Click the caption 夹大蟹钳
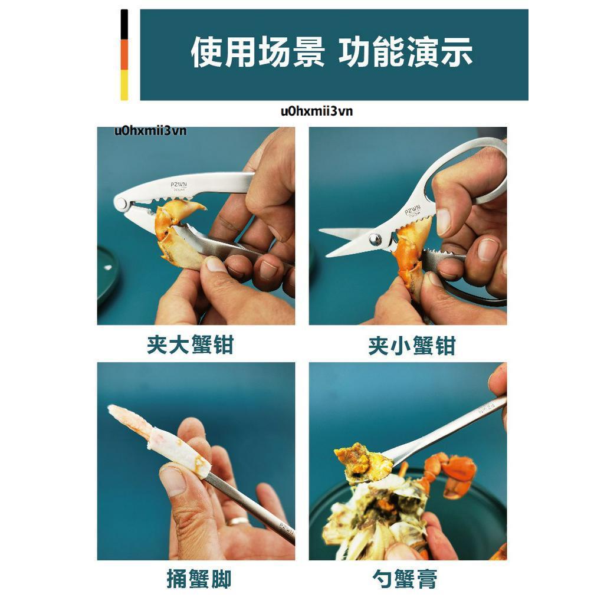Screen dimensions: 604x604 191,344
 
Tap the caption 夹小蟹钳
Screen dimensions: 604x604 412,346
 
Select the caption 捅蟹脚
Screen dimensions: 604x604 199,579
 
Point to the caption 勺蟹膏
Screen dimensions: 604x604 405,579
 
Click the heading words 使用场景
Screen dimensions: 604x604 257,52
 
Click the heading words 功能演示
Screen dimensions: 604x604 405,52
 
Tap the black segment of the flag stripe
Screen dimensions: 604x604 124,24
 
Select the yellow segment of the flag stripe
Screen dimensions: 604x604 124,85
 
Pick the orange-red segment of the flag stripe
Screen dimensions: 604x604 124,55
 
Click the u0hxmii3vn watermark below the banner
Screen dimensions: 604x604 317,111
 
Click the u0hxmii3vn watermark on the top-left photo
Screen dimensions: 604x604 150,131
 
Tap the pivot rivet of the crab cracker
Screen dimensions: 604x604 122,203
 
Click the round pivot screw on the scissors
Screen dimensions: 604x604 375,239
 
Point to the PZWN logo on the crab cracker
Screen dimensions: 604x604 179,185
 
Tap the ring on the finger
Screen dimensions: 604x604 237,521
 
